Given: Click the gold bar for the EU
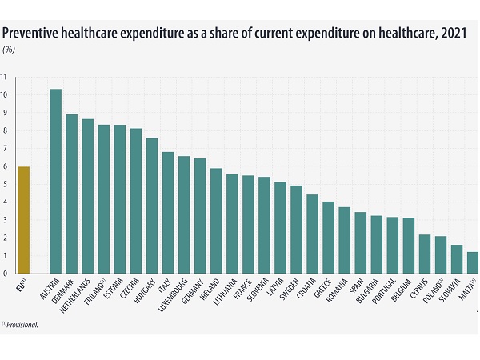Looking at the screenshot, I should [24, 211].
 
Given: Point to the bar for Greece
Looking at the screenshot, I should [328, 228].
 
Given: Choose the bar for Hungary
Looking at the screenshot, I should [152, 197].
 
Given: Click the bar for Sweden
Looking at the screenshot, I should [296, 220].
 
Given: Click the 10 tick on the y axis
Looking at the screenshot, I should [5, 95].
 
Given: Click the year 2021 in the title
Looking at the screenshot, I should [454, 33].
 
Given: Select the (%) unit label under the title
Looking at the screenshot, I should [9, 49].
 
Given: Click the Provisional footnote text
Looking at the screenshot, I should [21, 325].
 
